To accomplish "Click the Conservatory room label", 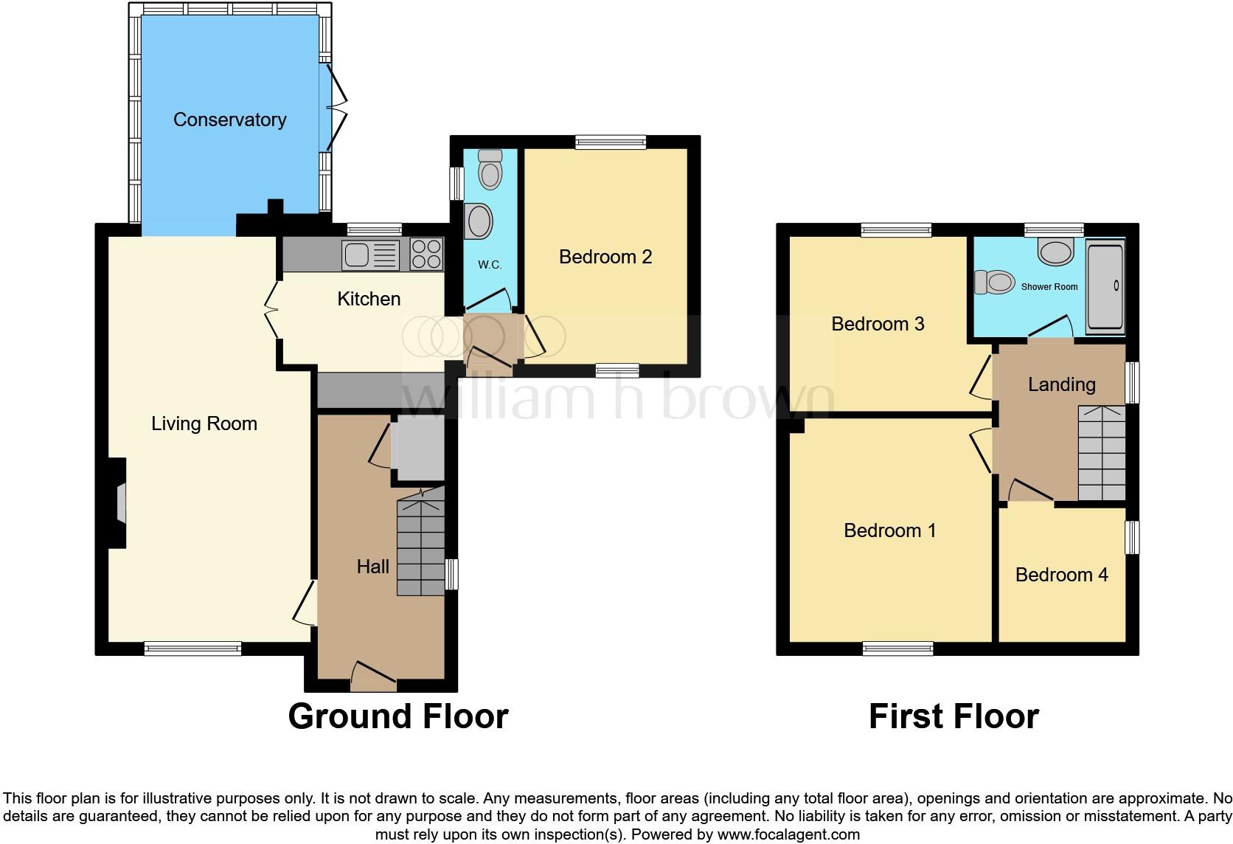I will [229, 120].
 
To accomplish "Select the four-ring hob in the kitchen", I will [426, 255].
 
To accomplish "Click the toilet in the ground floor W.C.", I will [490, 170].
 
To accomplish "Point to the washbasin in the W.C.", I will [479, 221].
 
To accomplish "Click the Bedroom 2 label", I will [605, 257].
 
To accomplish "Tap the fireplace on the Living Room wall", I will [119, 503].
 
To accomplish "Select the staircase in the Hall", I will [421, 547].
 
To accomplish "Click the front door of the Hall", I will [373, 677].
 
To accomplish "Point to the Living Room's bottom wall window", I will [192, 648].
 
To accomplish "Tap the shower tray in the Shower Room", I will [1105, 286].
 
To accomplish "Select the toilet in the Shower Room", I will [993, 282].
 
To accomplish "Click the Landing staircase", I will [1102, 453].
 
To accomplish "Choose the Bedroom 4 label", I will [1061, 575].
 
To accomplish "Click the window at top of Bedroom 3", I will [896, 230].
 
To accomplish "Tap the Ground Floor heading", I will [397, 716].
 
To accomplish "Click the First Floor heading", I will [954, 716].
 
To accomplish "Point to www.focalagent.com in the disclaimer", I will [788, 834].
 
